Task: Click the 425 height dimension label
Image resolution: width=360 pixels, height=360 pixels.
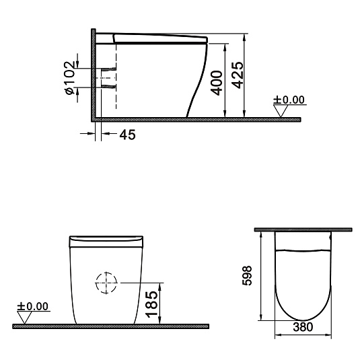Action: (238, 75)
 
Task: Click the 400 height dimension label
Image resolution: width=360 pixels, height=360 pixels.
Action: (217, 83)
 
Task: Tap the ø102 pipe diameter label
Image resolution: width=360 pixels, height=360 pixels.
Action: (70, 77)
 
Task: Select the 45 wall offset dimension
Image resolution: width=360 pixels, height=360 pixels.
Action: (128, 135)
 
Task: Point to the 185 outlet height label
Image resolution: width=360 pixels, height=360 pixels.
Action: (152, 304)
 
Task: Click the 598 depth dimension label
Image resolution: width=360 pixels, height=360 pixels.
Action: (247, 275)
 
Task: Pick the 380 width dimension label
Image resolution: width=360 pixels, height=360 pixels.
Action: (303, 327)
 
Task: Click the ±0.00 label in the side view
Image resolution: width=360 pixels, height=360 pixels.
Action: (289, 100)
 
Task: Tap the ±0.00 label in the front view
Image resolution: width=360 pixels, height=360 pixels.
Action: (32, 307)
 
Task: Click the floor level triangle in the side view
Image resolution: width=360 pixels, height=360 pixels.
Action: (281, 111)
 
